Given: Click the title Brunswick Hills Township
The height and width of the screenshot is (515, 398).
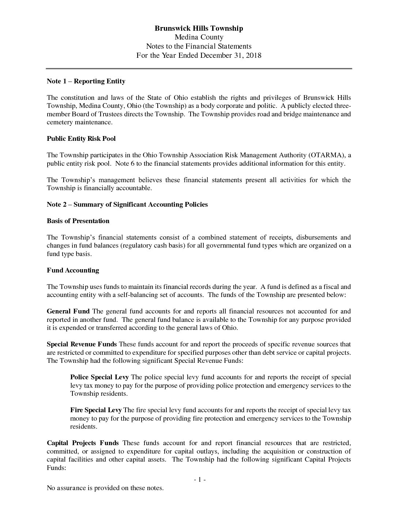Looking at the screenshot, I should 199,28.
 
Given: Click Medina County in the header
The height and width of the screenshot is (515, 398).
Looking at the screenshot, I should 199,37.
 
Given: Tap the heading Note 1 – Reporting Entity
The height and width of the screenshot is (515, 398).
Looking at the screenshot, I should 86,81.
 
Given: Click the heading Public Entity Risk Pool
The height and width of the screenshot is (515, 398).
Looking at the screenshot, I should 81,139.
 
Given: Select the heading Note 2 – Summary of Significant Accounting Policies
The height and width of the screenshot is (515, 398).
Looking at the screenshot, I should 127,204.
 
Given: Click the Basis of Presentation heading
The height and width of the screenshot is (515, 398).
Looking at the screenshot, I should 78,221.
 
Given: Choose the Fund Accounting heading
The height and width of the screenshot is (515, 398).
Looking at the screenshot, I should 73,270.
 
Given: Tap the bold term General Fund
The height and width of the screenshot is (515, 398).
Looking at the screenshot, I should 68,311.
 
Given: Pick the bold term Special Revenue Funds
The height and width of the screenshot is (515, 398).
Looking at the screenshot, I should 82,344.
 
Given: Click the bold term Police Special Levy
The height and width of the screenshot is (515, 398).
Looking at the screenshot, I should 99,377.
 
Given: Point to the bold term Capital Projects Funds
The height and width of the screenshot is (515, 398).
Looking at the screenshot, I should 83,443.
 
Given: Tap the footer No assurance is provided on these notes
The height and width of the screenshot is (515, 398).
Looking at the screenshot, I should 105,488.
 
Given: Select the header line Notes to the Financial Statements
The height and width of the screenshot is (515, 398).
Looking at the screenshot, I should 199,46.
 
